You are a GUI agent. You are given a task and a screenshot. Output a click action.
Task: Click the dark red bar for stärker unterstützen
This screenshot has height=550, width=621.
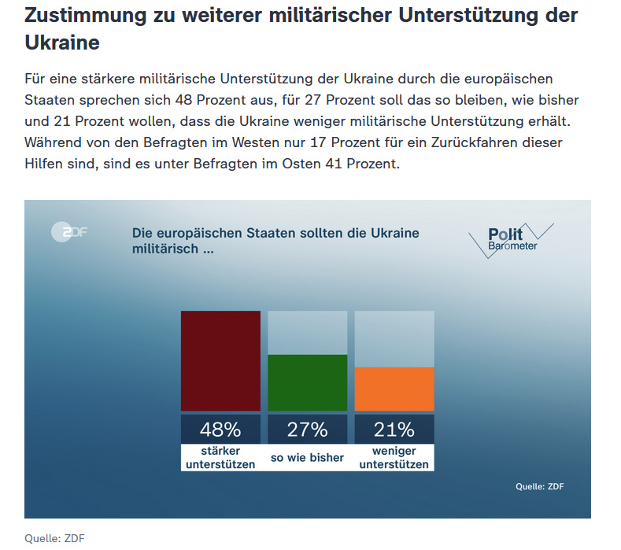[x=220, y=360]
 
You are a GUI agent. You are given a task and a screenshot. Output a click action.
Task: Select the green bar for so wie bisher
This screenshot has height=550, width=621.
[x=307, y=382]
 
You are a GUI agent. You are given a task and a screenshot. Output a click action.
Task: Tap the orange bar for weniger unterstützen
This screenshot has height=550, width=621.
[x=394, y=389]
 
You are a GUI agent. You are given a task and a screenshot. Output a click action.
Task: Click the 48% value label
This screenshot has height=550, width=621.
[x=220, y=430]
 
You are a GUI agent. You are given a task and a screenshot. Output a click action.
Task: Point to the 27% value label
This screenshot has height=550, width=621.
[x=307, y=430]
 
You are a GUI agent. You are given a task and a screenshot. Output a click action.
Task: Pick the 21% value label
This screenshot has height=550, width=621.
[x=394, y=430]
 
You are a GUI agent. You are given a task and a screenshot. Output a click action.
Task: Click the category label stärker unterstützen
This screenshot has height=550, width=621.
[x=220, y=458]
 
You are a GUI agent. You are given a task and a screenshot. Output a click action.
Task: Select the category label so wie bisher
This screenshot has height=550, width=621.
[x=307, y=457]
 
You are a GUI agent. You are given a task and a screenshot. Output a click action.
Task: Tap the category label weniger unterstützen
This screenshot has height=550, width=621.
[x=394, y=458]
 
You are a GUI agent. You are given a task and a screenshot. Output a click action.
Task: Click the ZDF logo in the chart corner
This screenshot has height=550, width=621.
[x=68, y=231]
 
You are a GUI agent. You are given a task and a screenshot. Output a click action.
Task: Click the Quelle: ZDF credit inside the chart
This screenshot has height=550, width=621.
[x=540, y=486]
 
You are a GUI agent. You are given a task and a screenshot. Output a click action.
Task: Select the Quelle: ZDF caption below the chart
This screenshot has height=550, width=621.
[x=54, y=538]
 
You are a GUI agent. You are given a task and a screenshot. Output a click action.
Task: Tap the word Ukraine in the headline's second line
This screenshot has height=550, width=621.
[x=62, y=42]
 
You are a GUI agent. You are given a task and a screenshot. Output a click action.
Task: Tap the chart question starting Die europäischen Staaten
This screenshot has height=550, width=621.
[x=275, y=241]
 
